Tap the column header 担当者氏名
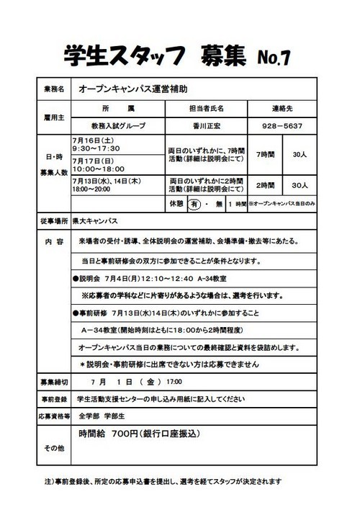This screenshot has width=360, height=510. (205, 107)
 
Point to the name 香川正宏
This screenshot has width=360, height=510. (205, 125)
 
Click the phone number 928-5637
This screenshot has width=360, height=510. (282, 125)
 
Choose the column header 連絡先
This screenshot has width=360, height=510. (282, 107)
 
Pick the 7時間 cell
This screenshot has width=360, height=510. (266, 155)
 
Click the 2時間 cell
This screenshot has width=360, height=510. (266, 184)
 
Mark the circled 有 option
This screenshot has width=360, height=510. (194, 204)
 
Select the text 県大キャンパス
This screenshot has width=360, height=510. (98, 220)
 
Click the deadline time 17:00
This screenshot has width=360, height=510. (174, 381)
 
